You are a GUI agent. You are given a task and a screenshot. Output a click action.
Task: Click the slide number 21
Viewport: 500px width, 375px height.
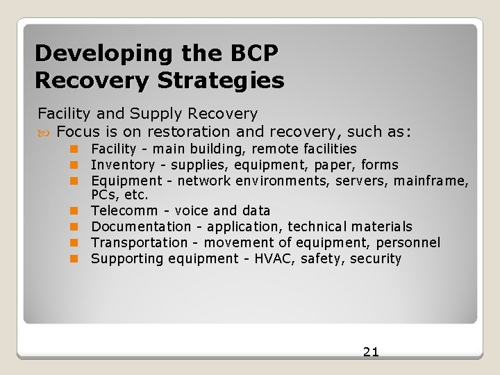click(371, 351)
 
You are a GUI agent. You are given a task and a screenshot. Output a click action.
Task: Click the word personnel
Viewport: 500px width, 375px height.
click(408, 242)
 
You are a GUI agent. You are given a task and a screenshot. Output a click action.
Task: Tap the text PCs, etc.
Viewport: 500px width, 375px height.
click(119, 195)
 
